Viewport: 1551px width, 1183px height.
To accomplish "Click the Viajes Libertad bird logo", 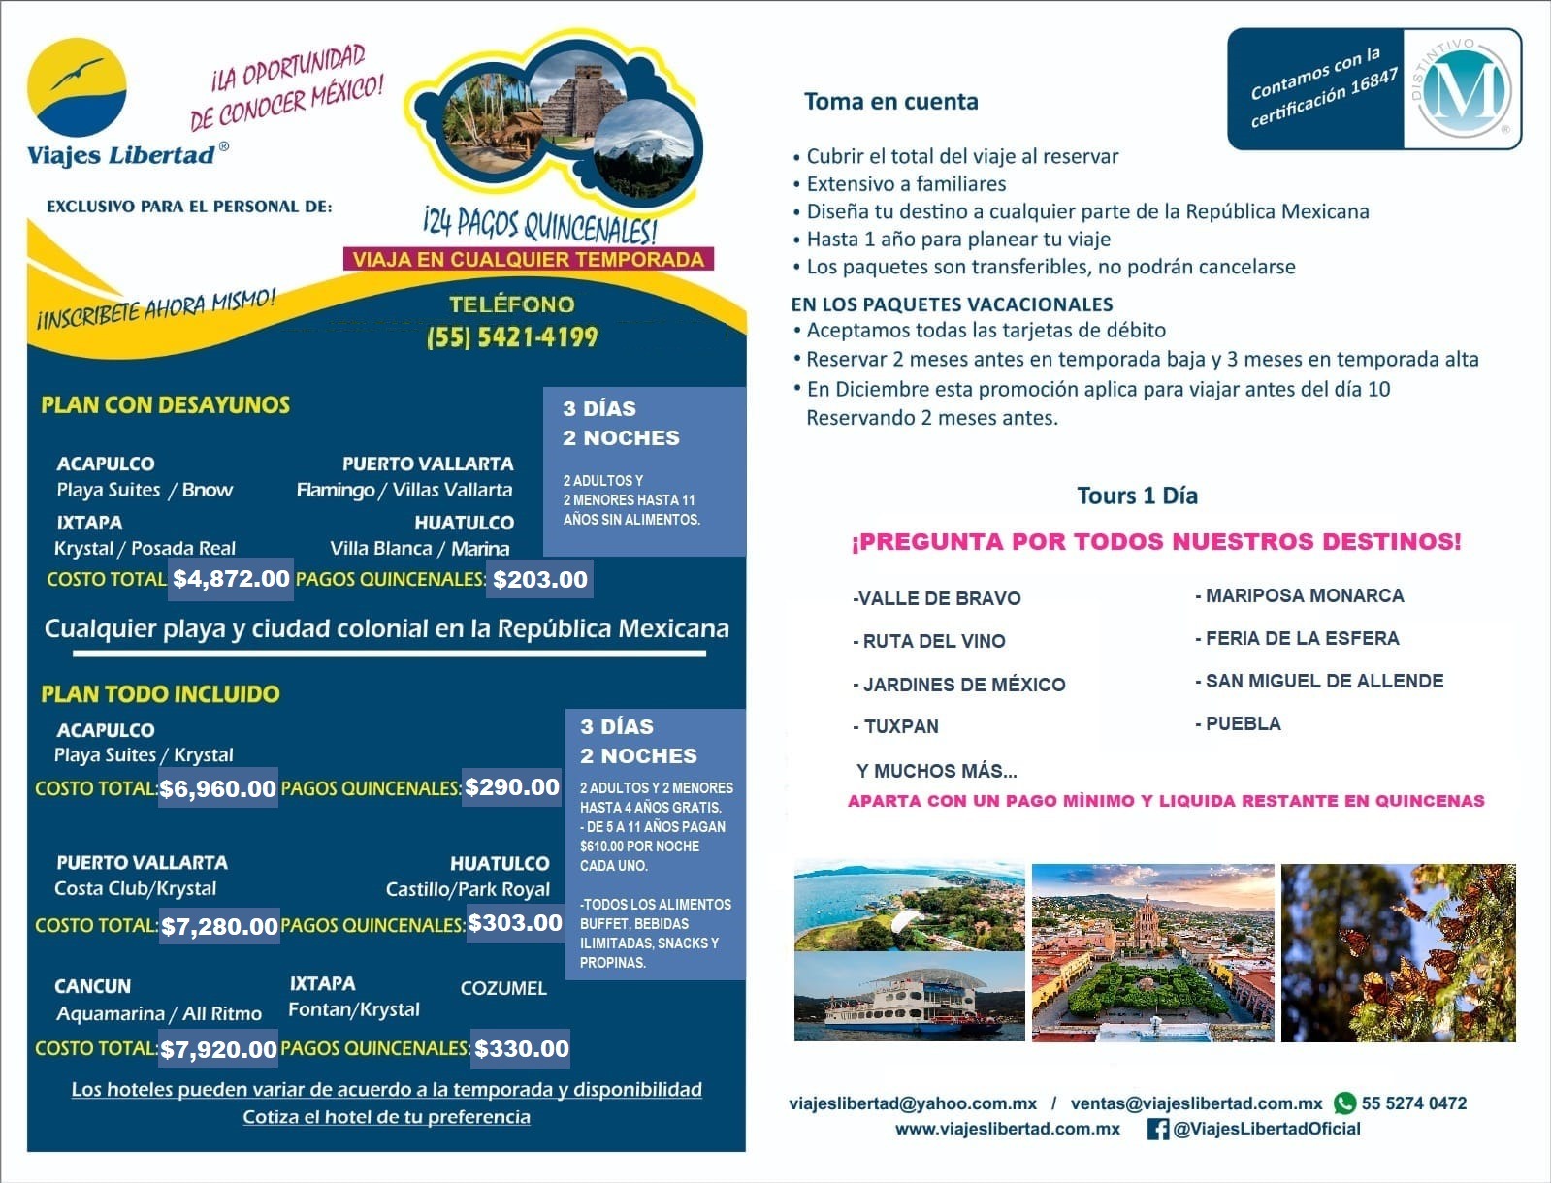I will point(77,88).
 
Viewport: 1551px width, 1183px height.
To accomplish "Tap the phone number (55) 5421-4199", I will point(512,336).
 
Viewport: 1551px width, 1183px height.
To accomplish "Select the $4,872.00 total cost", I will point(231,579).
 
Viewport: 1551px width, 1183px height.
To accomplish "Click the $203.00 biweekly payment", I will point(540,580).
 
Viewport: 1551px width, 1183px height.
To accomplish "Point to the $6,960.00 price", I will point(217,788).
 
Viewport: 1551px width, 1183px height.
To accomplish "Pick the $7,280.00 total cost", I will point(219,926).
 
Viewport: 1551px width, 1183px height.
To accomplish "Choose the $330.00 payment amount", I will point(521,1048).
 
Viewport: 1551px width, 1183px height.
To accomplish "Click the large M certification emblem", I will point(1465,90).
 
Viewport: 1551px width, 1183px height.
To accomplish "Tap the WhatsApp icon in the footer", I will point(1344,1103).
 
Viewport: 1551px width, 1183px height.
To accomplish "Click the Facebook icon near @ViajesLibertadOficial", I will point(1157,1129).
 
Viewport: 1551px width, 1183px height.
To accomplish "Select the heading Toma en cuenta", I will point(890,102).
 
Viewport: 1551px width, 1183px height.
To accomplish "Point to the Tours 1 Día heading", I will point(1137,496).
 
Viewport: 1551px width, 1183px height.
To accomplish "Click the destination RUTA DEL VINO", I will point(933,641).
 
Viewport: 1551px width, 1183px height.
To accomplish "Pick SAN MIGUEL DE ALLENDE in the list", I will point(1324,681).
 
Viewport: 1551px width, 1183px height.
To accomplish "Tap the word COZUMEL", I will point(503,988).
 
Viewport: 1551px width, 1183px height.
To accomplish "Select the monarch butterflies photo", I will point(1398,952).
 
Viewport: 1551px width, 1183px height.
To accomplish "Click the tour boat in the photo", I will point(902,999).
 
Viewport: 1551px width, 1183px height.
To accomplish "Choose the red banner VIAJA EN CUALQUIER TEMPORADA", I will point(529,259).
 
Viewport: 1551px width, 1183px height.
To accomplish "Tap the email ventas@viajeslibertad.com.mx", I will point(1196,1103).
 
